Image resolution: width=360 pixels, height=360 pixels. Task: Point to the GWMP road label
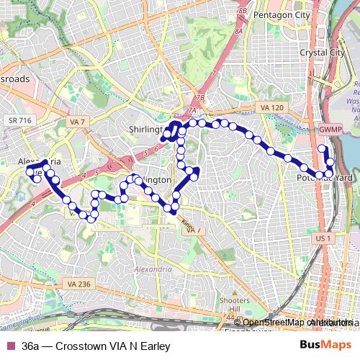tap(330, 130)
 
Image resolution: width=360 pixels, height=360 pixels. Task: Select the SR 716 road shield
tap(20, 120)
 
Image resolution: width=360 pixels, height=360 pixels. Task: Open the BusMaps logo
tap(325, 346)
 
